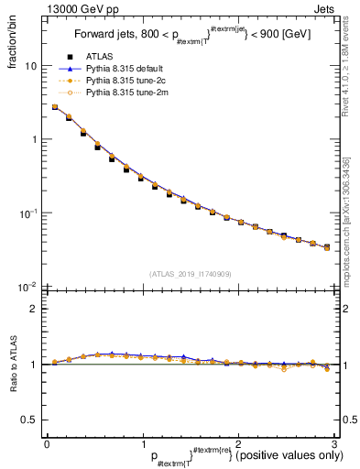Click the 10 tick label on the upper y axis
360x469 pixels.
point(29,67)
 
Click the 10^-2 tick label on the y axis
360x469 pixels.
point(27,287)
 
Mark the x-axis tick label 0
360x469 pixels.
point(46,443)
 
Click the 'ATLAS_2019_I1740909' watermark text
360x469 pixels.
point(190,274)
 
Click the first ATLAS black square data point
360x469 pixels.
point(55,107)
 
